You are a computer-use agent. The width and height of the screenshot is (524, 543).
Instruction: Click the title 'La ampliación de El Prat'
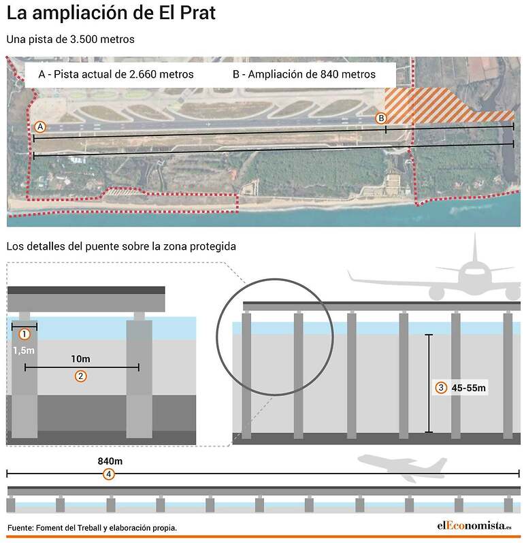tap(111, 13)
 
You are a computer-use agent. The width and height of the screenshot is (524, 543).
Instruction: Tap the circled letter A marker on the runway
tap(40, 127)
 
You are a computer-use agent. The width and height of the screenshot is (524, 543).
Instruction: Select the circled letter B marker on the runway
tap(381, 118)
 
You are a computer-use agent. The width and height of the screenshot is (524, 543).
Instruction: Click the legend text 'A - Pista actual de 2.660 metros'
tap(116, 74)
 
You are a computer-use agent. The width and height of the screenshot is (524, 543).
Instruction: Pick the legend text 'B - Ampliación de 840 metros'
tap(304, 74)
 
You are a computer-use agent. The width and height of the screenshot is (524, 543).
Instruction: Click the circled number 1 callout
tap(24, 334)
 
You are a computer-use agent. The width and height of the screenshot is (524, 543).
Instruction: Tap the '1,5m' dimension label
tap(24, 350)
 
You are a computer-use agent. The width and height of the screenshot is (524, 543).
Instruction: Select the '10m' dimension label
tap(81, 359)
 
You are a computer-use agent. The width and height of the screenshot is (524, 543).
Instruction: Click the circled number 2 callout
tap(81, 376)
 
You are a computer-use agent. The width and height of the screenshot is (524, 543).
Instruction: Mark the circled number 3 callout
tap(441, 387)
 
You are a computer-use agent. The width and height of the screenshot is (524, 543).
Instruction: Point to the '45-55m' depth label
tap(469, 388)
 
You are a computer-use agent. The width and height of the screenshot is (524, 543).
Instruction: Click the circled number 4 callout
tap(109, 474)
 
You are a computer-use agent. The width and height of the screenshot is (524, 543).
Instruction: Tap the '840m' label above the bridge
tap(110, 461)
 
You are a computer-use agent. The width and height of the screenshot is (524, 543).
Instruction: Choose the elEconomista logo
tap(474, 526)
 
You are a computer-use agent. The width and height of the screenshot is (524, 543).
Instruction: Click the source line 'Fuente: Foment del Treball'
tap(55, 528)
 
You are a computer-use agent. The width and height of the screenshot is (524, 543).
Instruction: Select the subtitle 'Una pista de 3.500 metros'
tap(70, 39)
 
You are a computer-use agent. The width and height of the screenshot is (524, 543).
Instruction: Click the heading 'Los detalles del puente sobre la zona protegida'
tap(121, 246)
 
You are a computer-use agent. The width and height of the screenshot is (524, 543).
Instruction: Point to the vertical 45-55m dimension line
tap(429, 383)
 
